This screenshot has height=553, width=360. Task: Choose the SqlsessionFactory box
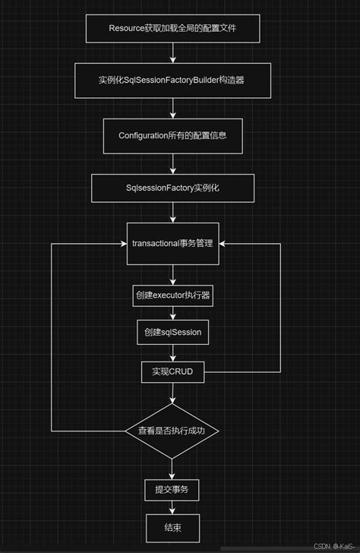tap(172, 187)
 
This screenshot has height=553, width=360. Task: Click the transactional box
tap(172, 243)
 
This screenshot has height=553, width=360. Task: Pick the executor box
tap(172, 297)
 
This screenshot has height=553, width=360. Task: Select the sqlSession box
tap(172, 332)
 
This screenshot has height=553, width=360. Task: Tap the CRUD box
tap(172, 371)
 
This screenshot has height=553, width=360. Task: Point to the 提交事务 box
tap(172, 491)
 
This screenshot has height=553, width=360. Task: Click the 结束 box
tap(172, 526)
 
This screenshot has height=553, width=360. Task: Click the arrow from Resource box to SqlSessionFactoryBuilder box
tap(174, 54)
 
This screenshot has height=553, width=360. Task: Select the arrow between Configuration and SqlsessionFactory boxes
tap(174, 164)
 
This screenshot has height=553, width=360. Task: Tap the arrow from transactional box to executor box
tap(173, 275)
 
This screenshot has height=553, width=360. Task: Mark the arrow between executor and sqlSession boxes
tap(173, 314)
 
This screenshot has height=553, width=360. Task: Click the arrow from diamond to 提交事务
tap(173, 469)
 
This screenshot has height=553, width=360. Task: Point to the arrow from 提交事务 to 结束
tap(173, 508)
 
